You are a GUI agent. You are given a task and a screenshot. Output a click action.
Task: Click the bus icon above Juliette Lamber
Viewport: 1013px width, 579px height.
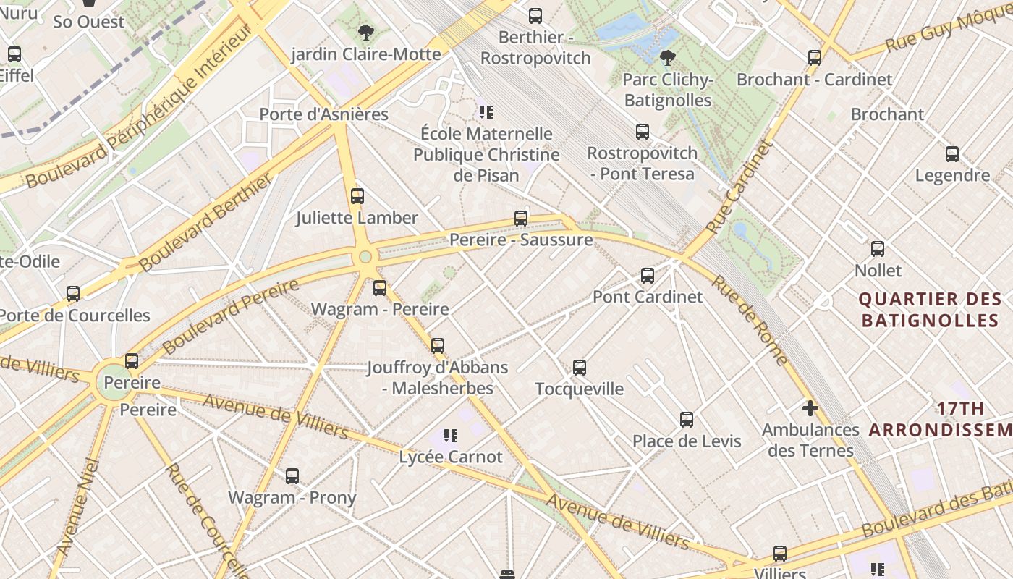point(357,195)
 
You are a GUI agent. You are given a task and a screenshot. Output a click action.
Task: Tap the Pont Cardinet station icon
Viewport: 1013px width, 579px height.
point(648,275)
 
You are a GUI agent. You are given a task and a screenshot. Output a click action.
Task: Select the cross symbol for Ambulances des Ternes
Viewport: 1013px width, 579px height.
point(810,408)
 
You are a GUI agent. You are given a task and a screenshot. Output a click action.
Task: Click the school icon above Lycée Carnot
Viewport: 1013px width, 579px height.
point(451,435)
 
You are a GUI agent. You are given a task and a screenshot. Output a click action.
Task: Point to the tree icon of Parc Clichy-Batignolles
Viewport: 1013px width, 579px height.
point(667,57)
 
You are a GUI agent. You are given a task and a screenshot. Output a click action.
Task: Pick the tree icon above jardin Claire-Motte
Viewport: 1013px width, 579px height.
point(365,32)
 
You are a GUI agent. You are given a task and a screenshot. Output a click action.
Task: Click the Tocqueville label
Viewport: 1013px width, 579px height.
point(579,389)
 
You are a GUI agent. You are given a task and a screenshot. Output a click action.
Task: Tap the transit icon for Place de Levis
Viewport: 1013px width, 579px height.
point(687,419)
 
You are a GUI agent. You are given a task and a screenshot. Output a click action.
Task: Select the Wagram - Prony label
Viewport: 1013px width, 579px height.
point(292,497)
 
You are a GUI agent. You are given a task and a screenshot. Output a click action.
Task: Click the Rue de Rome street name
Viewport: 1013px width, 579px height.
point(750,319)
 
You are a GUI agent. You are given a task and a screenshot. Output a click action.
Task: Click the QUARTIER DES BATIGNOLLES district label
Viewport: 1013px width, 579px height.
point(930,310)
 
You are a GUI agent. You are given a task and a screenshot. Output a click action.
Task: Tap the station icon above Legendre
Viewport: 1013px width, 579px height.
point(952,153)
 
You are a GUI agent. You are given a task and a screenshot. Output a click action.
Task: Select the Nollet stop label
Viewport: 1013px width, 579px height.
point(878,270)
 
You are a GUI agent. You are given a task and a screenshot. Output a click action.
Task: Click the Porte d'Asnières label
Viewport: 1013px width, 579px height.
point(323,114)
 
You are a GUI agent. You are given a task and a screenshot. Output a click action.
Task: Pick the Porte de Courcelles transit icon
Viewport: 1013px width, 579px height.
point(73,293)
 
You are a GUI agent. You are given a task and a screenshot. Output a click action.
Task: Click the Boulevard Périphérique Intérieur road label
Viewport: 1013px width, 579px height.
point(137,109)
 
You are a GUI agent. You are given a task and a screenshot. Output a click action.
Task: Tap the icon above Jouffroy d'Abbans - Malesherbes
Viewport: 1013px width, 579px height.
point(437,345)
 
